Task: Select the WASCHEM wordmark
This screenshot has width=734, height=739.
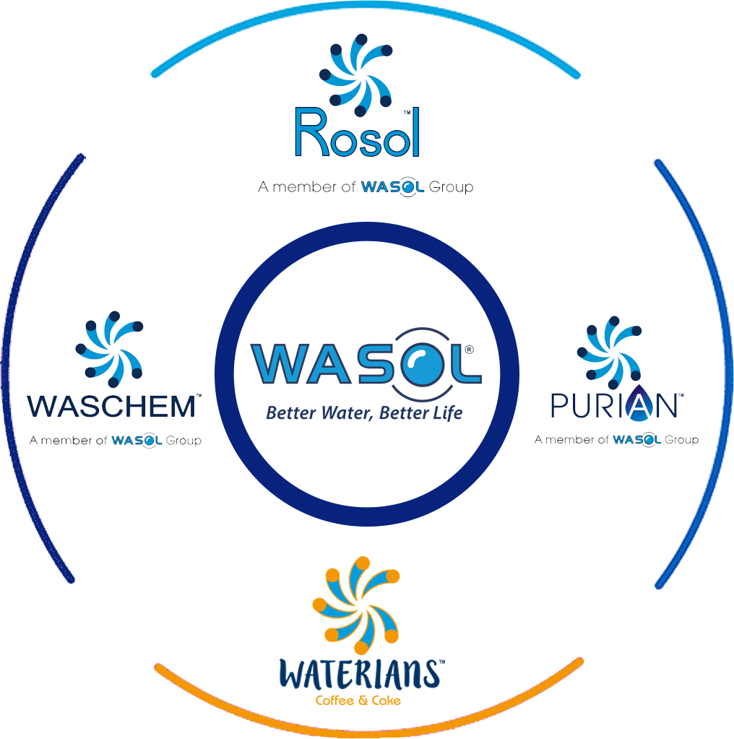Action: click(113, 406)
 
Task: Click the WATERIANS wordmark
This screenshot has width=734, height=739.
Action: click(359, 673)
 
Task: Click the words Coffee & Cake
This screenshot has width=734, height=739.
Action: click(358, 701)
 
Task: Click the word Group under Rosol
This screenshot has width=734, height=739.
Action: click(452, 188)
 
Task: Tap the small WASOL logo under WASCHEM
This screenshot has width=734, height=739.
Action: click(137, 441)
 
